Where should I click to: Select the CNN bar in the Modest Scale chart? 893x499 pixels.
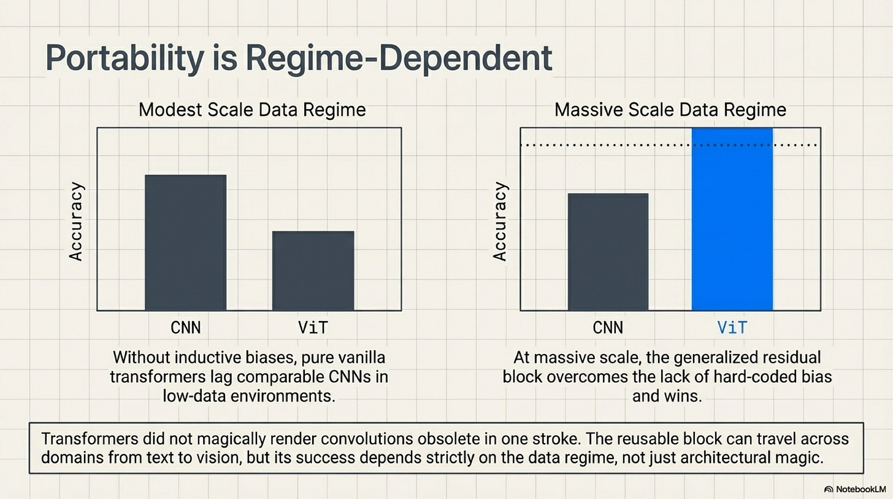point(185,242)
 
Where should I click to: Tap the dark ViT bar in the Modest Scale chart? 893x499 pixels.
point(313,271)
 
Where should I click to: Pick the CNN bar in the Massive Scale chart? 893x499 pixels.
point(608,252)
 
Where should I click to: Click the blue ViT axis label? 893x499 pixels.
point(732,327)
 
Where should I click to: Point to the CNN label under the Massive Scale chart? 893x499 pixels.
point(608,327)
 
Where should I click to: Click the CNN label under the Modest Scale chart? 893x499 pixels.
point(185,327)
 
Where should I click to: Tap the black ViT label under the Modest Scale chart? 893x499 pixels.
point(313,327)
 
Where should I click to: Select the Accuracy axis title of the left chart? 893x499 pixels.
point(76,222)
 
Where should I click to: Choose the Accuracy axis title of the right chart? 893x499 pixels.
point(500,222)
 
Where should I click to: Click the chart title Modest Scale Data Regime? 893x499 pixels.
point(252,110)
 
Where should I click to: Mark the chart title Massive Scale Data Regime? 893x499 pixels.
point(670,110)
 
